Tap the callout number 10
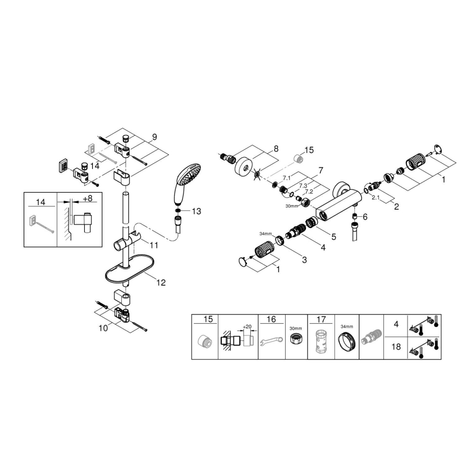103,327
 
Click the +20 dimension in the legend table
247,326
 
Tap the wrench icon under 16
271,341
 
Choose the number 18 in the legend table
396,347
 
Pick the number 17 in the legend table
321,319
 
